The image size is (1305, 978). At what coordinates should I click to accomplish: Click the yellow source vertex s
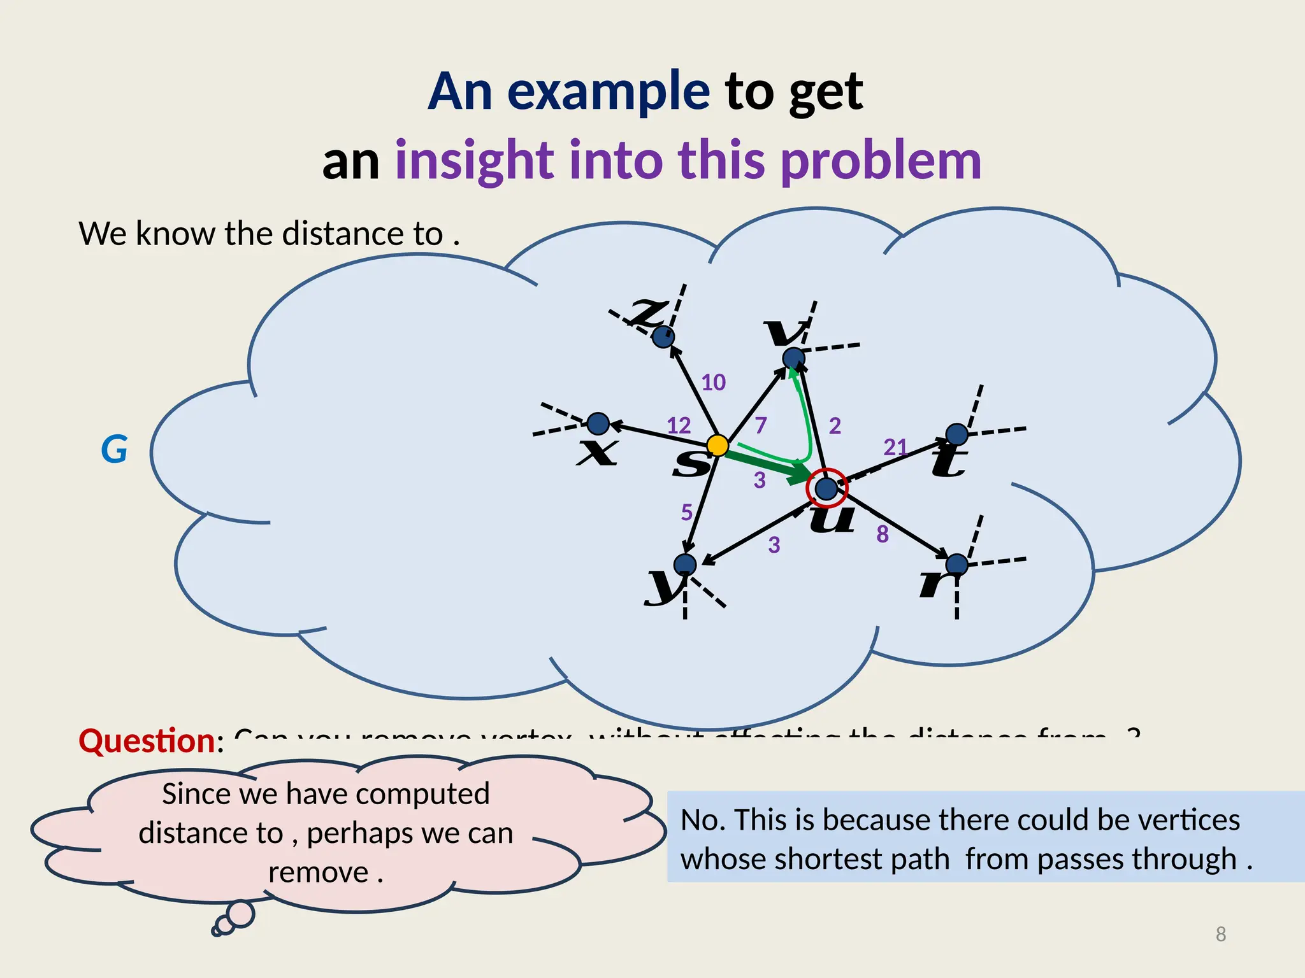717,445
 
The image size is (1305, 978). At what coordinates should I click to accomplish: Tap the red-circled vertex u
826,488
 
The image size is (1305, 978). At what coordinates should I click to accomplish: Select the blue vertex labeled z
663,336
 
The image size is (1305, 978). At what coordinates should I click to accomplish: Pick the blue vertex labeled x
598,423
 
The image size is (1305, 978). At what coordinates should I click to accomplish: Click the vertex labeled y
685,564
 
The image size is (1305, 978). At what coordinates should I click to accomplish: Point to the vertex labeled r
956,564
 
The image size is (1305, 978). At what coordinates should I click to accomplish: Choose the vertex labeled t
956,434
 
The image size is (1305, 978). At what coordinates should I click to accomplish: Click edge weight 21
895,447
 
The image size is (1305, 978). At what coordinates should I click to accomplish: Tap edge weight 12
679,425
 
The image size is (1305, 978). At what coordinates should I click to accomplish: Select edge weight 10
714,382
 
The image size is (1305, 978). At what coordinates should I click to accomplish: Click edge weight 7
761,425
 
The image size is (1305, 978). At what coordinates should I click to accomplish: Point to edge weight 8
883,534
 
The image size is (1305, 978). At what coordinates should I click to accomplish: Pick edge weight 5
686,512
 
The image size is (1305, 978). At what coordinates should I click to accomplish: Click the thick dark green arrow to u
765,464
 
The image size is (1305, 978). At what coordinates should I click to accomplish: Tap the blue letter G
115,450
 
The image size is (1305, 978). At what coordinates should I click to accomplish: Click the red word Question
147,741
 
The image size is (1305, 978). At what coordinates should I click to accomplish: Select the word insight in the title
474,160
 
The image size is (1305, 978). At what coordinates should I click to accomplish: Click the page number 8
1220,934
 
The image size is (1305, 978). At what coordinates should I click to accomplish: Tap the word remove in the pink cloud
318,872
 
